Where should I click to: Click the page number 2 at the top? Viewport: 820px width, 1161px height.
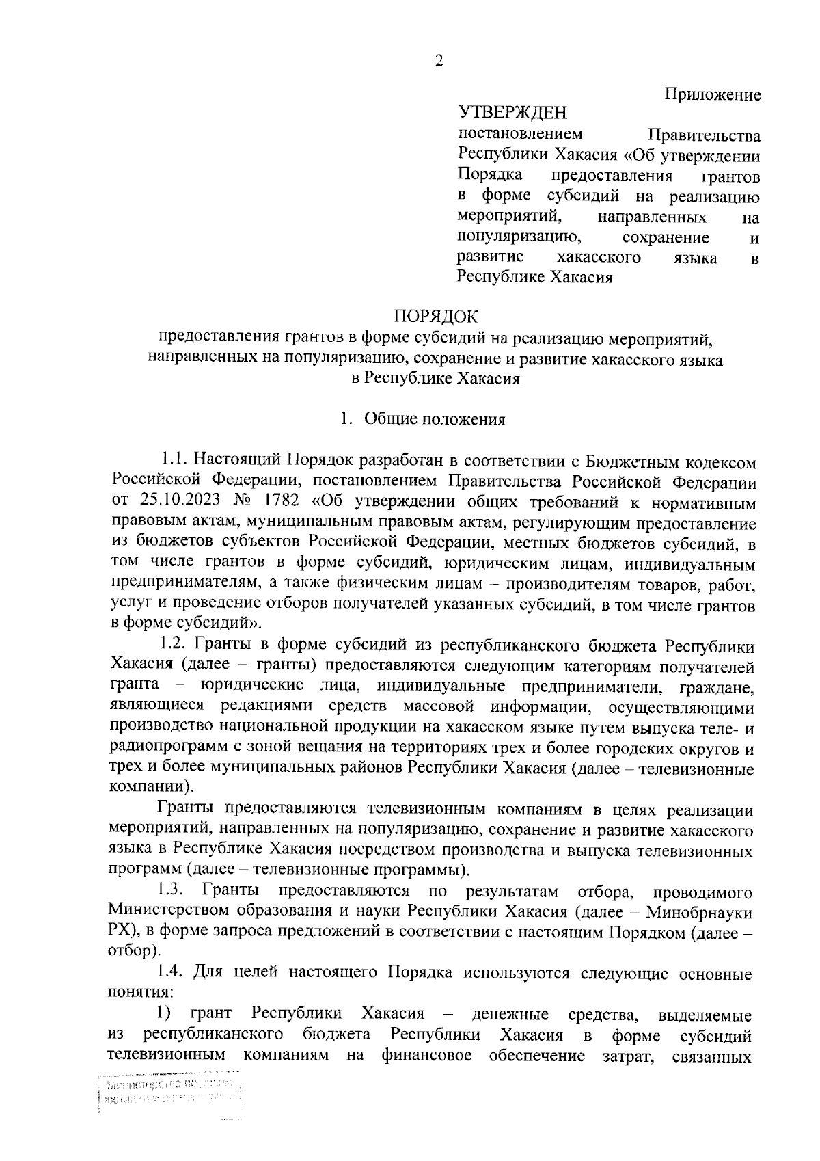point(438,62)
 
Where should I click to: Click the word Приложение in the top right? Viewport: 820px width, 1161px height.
point(713,94)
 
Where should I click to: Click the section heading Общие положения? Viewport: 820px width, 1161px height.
point(435,419)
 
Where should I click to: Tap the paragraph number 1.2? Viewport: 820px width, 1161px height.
point(174,644)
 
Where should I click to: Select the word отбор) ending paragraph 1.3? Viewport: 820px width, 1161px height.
point(135,951)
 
